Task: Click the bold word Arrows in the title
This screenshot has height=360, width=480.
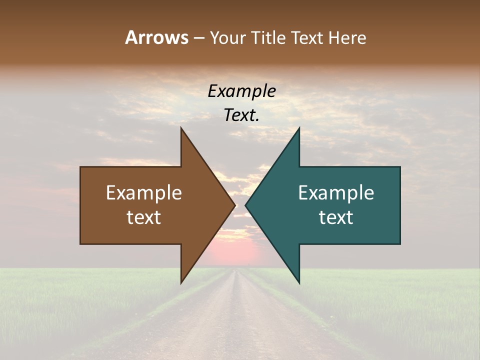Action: [156, 37]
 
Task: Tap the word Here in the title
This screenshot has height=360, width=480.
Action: [347, 38]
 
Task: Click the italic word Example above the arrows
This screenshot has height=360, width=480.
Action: [241, 91]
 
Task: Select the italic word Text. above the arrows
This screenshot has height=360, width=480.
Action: [241, 115]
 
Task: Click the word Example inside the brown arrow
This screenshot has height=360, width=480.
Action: [144, 192]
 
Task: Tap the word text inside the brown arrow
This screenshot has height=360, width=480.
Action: [144, 217]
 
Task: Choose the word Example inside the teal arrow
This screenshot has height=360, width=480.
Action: [336, 192]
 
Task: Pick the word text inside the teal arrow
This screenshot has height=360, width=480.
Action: [336, 217]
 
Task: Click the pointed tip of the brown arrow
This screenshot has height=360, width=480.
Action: [234, 205]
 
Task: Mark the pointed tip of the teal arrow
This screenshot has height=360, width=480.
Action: [246, 205]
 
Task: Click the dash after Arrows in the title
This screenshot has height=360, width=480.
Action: [198, 38]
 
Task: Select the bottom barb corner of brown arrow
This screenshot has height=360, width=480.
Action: [181, 282]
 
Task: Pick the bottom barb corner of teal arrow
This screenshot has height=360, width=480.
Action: [299, 282]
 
